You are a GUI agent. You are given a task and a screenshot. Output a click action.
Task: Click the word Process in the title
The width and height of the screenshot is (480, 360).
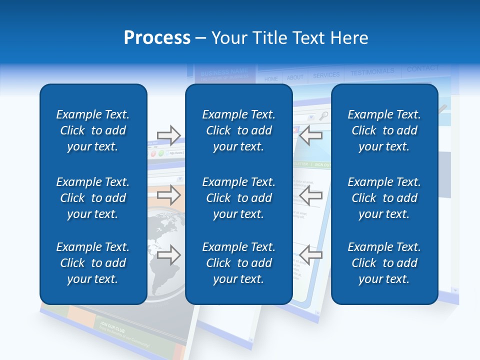(157, 38)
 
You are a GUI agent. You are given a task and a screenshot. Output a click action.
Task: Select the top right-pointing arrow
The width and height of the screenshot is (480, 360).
(168, 134)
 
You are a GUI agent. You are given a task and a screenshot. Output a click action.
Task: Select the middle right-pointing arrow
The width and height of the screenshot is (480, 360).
(168, 195)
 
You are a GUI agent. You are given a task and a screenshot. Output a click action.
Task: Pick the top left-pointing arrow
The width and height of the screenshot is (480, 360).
(311, 134)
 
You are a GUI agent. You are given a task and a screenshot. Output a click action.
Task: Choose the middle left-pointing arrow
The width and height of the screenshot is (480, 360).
(311, 195)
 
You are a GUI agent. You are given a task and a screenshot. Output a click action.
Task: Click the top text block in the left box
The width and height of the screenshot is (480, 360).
(93, 130)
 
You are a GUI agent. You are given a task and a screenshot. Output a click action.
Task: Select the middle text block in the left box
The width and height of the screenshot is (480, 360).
(93, 198)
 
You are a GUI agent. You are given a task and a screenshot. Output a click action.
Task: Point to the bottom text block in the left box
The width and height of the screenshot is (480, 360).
(93, 263)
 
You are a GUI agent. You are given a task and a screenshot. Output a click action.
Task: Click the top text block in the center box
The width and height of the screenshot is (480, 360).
(238, 130)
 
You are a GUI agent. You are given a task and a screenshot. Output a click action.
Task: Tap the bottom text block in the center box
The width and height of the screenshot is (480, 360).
(238, 263)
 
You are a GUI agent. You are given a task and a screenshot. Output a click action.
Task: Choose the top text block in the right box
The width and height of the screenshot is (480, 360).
(384, 130)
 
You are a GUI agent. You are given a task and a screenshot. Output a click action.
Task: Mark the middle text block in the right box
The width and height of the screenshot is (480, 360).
(384, 198)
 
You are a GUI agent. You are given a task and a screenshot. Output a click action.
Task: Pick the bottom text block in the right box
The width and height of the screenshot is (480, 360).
(384, 263)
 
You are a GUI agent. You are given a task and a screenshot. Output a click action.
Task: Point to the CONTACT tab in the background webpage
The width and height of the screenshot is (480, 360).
(422, 68)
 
